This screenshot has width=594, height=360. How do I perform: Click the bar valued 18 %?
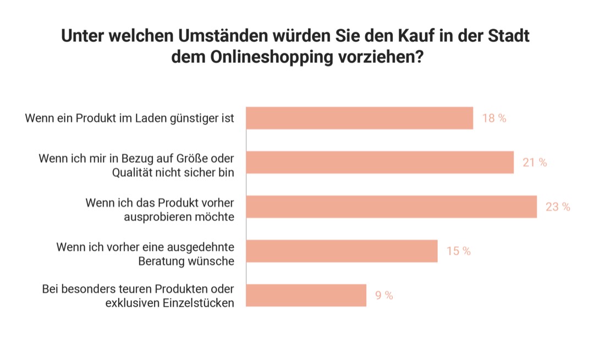359,118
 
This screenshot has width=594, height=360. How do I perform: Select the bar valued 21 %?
380,162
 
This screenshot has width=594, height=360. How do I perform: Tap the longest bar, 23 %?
391,206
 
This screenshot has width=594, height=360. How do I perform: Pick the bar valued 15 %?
342,251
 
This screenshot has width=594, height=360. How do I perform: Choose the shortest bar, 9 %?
306,295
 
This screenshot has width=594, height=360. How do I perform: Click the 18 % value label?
494,118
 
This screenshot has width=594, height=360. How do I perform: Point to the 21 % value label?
535,162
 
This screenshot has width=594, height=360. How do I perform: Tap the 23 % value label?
558,207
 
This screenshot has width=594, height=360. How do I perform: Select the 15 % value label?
458,251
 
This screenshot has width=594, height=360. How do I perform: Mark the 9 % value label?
384,295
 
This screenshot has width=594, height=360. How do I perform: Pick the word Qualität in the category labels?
132,172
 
